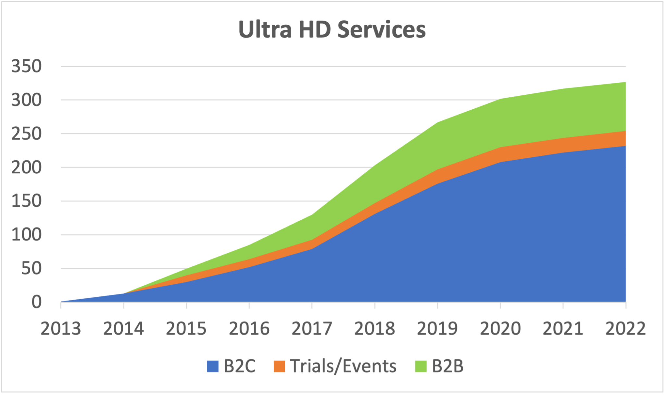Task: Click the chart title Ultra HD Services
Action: (332, 29)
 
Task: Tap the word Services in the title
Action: (381, 29)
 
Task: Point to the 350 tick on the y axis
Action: (27, 66)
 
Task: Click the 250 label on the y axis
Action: (27, 134)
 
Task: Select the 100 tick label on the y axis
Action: (27, 235)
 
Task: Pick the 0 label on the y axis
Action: (36, 302)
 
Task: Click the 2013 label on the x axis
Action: (61, 328)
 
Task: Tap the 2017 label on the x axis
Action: (312, 328)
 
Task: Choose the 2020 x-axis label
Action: (500, 328)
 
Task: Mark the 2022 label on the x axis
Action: (625, 328)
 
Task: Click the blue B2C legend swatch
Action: (213, 366)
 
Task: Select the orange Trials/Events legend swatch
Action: (279, 366)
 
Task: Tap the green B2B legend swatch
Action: (421, 366)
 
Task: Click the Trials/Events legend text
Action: (343, 366)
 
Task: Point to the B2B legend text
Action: (447, 366)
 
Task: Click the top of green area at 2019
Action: (438, 122)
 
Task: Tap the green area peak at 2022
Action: (625, 82)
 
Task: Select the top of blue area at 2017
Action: (312, 249)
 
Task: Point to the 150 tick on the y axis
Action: (27, 201)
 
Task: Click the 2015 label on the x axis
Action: (186, 328)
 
